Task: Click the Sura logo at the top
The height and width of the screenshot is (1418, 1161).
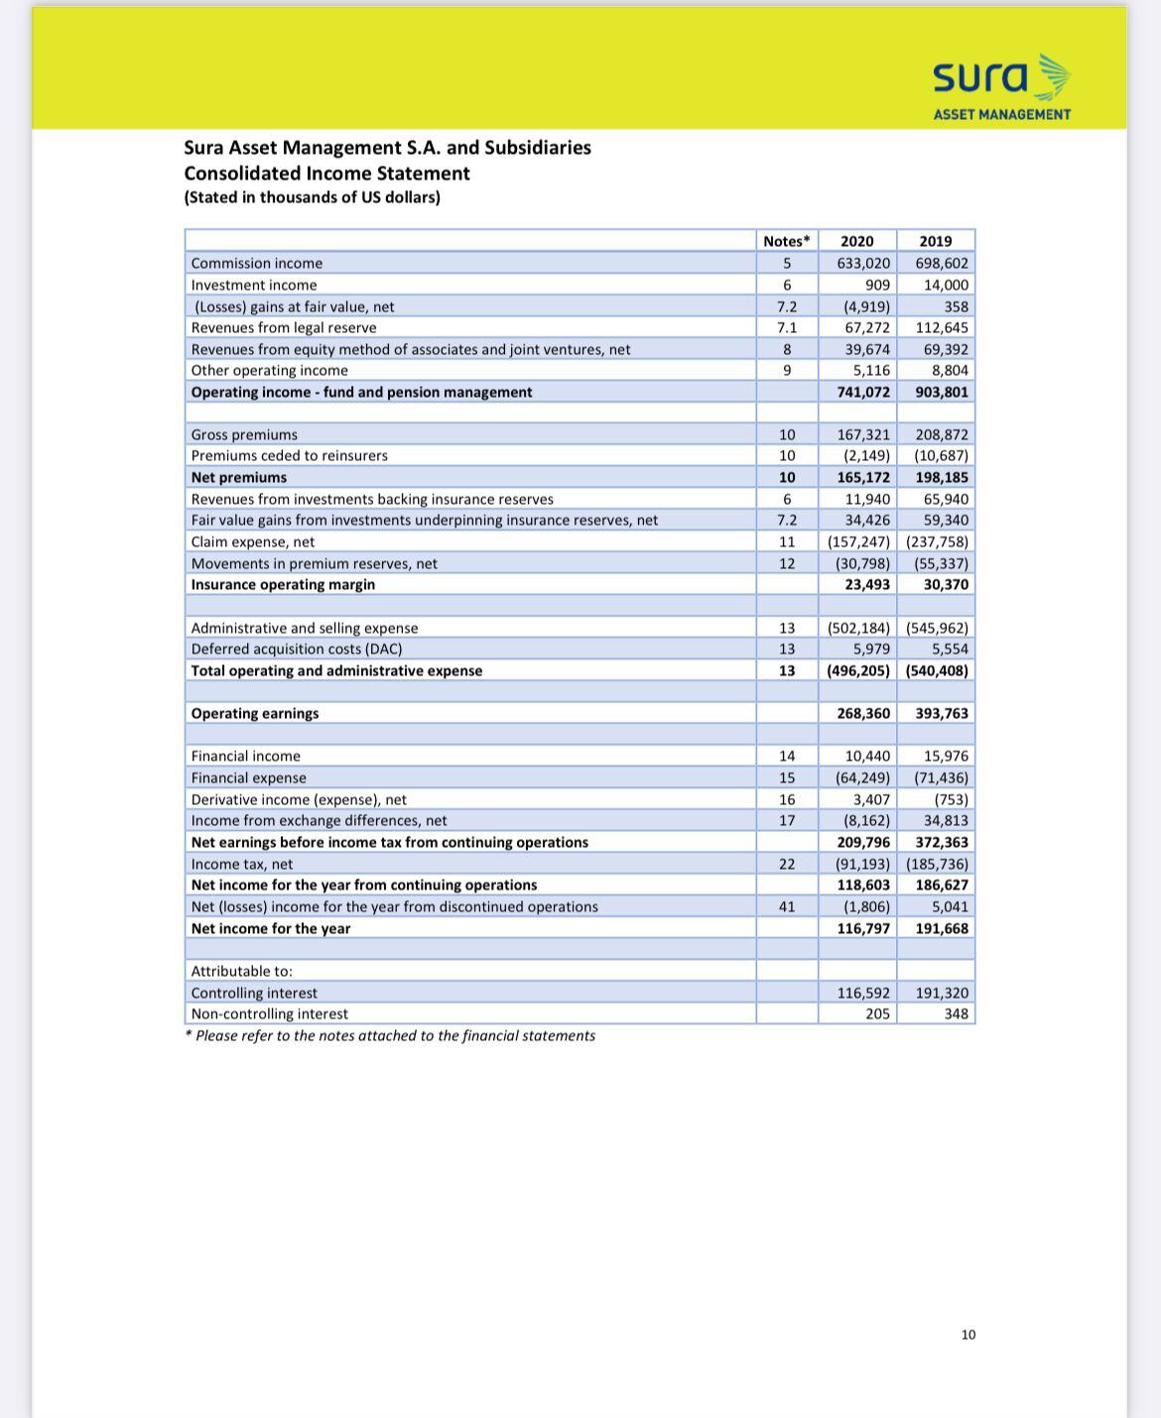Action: click(1001, 86)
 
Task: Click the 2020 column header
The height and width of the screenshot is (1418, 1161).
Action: click(856, 241)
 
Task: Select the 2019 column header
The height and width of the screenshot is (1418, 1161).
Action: click(935, 241)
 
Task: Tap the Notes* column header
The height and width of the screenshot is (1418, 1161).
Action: click(786, 241)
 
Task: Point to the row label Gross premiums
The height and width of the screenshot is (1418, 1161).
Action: click(244, 434)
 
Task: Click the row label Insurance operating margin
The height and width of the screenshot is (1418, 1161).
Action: click(283, 584)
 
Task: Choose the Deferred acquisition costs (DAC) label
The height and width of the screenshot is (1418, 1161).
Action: click(296, 649)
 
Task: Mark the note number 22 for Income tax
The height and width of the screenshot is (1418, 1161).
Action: click(786, 864)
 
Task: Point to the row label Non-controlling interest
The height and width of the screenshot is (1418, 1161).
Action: click(269, 1013)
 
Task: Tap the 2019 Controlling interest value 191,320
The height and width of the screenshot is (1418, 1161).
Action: click(942, 993)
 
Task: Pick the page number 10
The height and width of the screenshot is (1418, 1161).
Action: click(968, 1335)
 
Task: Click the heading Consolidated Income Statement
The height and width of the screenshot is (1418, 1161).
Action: click(326, 174)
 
